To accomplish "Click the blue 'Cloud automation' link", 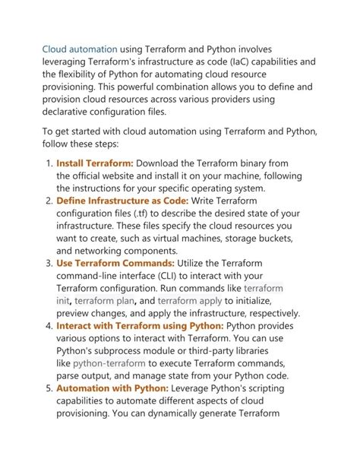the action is (79, 49).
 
